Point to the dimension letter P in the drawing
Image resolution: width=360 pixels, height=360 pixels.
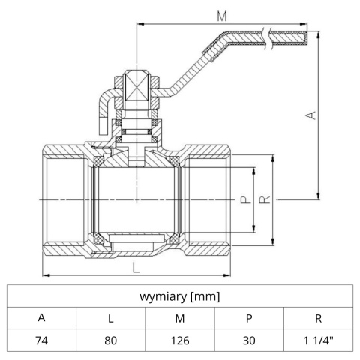click(x=244, y=200)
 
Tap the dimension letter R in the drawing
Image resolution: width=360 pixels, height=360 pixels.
click(x=263, y=200)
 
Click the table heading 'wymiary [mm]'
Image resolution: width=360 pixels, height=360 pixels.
click(x=180, y=296)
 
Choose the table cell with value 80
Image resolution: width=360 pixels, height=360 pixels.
click(x=110, y=340)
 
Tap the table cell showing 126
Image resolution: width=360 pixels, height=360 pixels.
click(x=180, y=340)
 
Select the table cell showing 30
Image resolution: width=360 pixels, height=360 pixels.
click(x=249, y=340)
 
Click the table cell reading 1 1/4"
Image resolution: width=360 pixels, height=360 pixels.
click(x=319, y=340)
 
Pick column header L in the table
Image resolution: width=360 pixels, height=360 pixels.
click(x=110, y=318)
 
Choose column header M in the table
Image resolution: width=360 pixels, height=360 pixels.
click(x=180, y=318)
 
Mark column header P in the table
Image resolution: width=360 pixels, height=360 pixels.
click(x=249, y=318)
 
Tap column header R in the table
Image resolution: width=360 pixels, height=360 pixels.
click(x=319, y=318)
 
